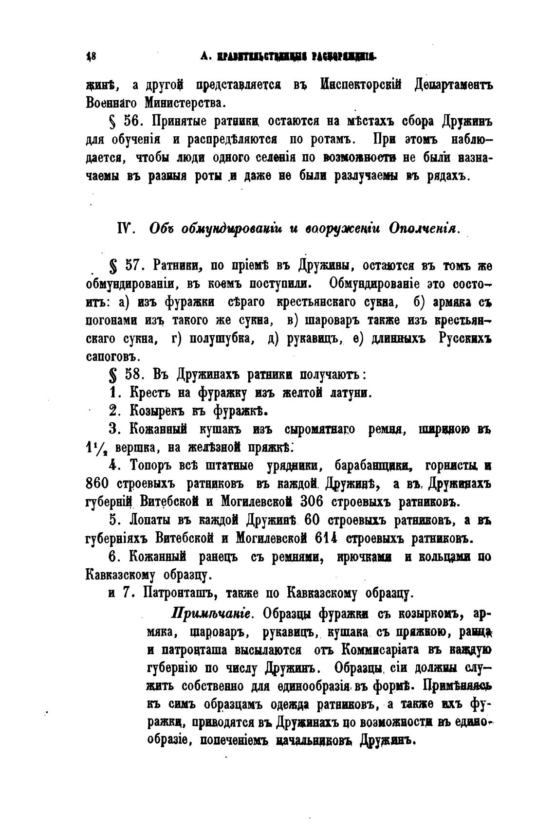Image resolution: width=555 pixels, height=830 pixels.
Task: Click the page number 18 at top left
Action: [91, 56]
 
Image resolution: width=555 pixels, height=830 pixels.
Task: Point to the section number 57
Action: [135, 266]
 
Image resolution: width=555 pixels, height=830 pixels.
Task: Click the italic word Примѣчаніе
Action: [211, 613]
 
